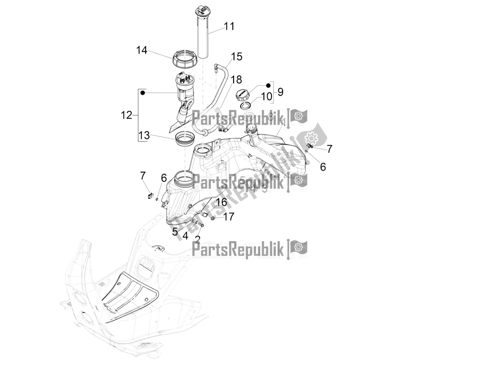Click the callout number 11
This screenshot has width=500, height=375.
(x=229, y=27)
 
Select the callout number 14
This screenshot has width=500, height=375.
(x=141, y=51)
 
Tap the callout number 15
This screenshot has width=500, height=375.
(x=237, y=56)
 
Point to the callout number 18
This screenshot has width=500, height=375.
(x=236, y=80)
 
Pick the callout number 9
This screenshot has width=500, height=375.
(x=280, y=92)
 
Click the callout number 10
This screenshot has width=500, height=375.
(x=267, y=97)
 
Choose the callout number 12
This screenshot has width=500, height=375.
(x=127, y=115)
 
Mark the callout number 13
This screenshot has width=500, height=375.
(x=144, y=135)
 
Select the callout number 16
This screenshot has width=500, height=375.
(x=222, y=202)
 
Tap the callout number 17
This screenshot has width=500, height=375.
(x=229, y=217)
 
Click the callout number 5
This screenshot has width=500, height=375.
(x=175, y=231)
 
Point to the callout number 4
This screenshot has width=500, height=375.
(x=185, y=236)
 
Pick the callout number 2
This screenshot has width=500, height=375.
(x=198, y=239)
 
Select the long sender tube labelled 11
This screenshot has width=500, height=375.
(x=207, y=37)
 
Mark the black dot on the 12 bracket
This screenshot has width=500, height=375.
(x=143, y=93)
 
